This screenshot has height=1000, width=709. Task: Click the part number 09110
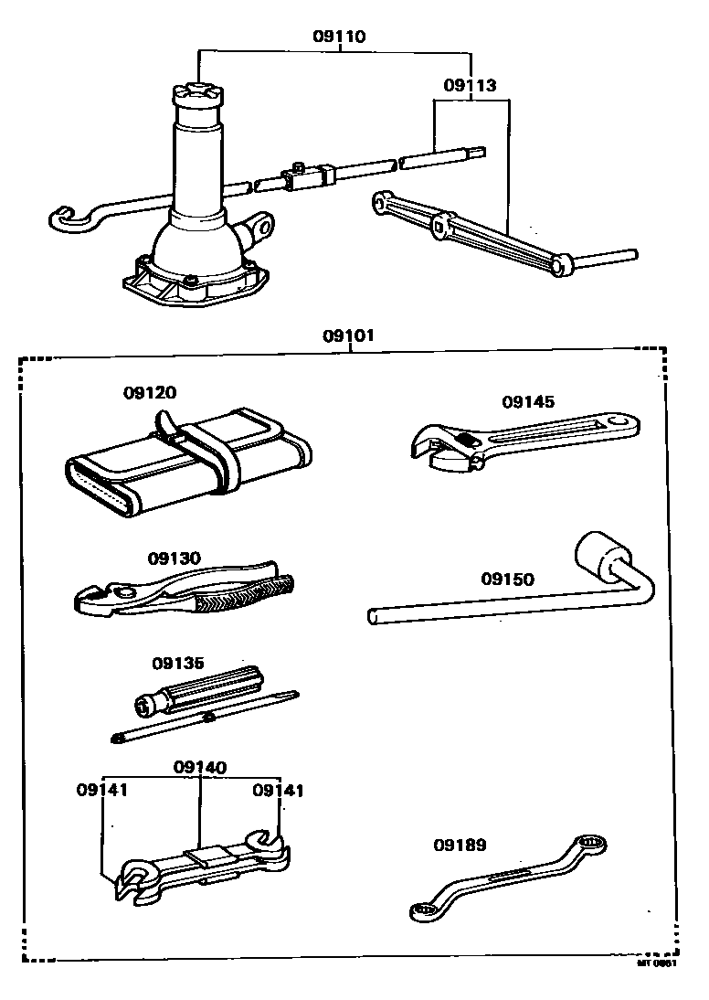[x=338, y=37]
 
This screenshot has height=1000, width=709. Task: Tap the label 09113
[x=470, y=86]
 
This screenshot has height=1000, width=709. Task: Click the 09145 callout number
[x=527, y=401]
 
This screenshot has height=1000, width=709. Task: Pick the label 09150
[x=507, y=579]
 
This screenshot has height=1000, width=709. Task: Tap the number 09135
[x=178, y=663]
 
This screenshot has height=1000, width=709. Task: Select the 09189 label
[x=460, y=846]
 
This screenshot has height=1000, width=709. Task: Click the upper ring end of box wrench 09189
[x=589, y=846]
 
